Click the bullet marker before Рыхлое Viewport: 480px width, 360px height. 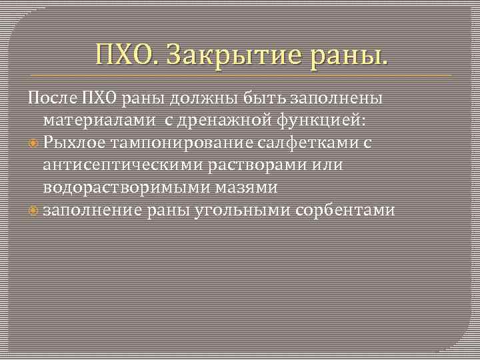pos(34,143)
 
